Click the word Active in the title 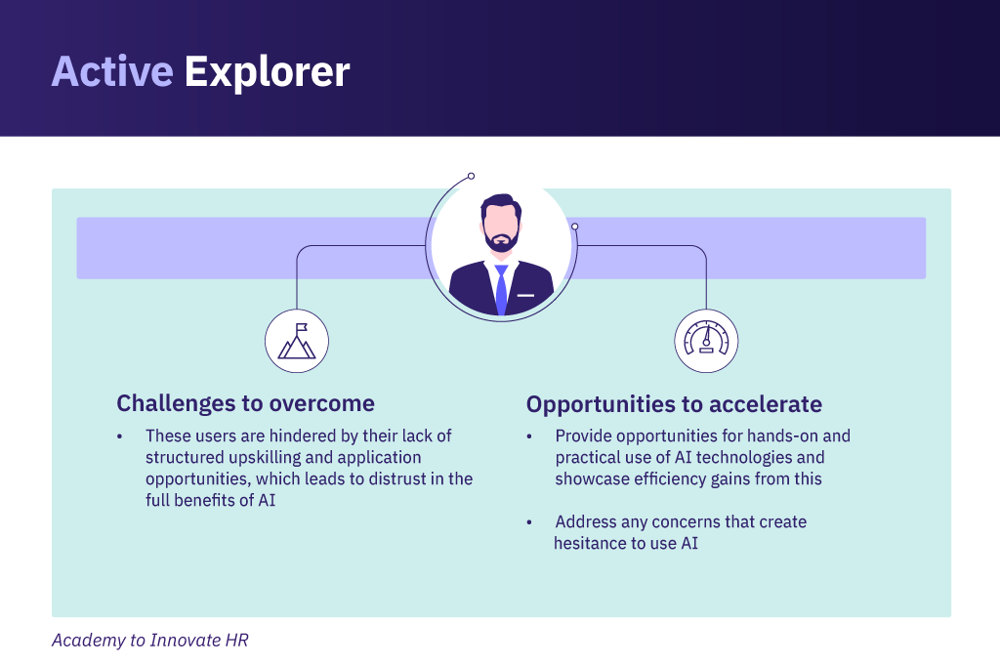[112, 71]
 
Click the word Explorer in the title [267, 72]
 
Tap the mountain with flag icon [297, 341]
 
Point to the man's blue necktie [501, 290]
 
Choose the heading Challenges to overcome [245, 403]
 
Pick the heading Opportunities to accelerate [674, 404]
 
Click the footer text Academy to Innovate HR [149, 641]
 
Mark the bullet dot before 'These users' [119, 436]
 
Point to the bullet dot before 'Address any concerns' [529, 522]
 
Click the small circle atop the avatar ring [471, 176]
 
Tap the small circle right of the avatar [574, 227]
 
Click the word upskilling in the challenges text [265, 458]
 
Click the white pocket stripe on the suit [525, 295]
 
